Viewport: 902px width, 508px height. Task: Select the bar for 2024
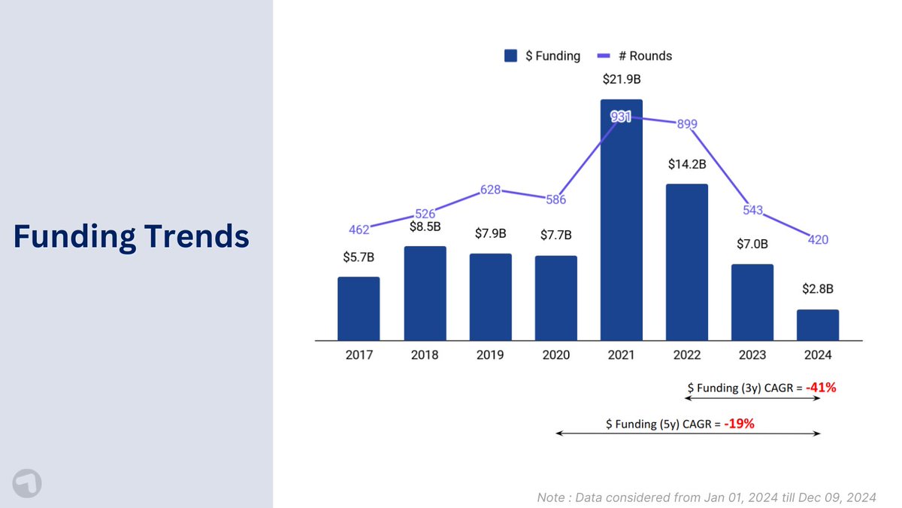pos(818,324)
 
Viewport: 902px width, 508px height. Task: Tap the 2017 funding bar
pos(359,309)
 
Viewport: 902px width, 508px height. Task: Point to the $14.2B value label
pos(687,164)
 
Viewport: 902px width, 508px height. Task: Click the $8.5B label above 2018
pos(425,226)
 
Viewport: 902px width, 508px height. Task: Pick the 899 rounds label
pos(687,124)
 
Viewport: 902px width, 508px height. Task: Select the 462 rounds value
pos(359,229)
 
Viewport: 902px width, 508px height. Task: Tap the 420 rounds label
pos(819,240)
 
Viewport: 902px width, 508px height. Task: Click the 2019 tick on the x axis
pos(490,354)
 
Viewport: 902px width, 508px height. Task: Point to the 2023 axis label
pos(752,354)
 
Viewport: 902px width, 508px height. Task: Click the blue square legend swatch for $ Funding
pos(511,56)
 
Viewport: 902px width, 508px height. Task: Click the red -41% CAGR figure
pos(821,388)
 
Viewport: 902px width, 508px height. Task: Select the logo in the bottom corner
pos(27,483)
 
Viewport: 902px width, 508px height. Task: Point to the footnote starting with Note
pos(707,497)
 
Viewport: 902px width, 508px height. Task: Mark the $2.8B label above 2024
pos(818,287)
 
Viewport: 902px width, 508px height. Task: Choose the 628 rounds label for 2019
pos(490,190)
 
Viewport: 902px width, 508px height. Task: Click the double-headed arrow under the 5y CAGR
pos(687,433)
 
